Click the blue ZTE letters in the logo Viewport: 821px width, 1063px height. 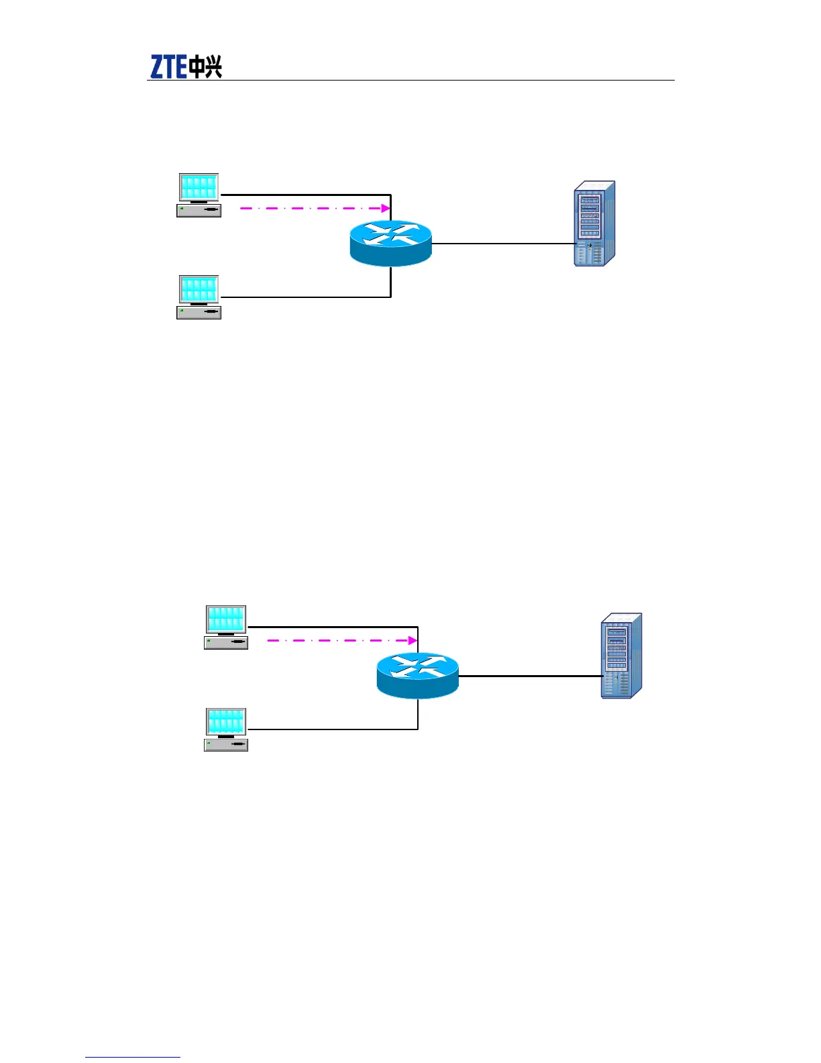tap(168, 67)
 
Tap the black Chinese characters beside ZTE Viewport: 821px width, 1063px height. tap(205, 67)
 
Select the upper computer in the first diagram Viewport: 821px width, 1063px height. tap(199, 195)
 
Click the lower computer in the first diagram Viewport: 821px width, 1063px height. tap(199, 297)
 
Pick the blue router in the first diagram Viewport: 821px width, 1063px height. tap(391, 243)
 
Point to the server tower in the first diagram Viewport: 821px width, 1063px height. tap(594, 223)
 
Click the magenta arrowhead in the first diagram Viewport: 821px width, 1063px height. tap(386, 208)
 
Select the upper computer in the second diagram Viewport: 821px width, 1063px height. tap(226, 627)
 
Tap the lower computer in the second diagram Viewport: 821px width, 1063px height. tap(226, 729)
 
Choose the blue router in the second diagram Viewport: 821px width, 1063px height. tap(418, 675)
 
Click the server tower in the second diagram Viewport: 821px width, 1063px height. tap(621, 656)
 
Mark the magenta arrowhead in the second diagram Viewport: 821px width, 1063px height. tap(413, 640)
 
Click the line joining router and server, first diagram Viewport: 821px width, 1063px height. tap(503, 244)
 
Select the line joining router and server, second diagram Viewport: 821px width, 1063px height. tap(530, 676)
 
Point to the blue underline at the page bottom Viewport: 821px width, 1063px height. tap(133, 1057)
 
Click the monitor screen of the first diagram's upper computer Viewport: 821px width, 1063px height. tap(199, 187)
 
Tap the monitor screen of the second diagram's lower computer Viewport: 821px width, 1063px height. tap(226, 721)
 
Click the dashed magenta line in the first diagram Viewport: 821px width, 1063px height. tap(309, 208)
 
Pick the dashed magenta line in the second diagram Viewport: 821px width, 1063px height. tap(335, 640)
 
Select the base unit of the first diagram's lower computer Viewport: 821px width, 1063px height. tap(199, 312)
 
